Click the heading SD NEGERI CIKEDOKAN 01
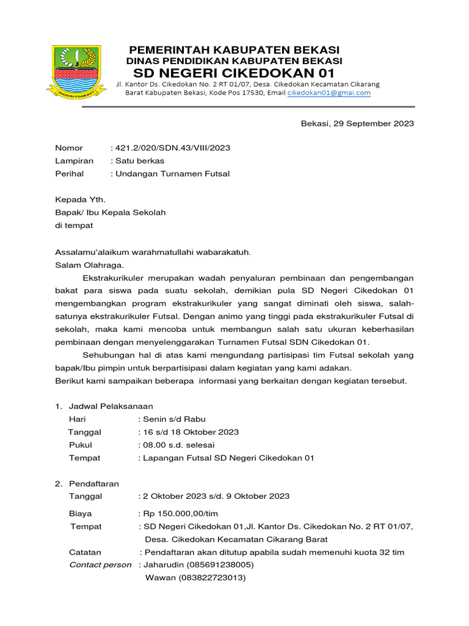pos(234,72)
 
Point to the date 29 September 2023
pos(373,123)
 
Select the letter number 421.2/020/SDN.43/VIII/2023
pos(172,148)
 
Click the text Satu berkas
pos(139,161)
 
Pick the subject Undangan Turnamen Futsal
pos(172,174)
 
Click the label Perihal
pos(69,174)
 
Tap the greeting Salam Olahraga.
pos(89,265)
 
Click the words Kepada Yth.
pos(80,199)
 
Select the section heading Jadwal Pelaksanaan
pos(111,406)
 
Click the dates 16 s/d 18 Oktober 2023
pos(191,432)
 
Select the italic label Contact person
pos(100,565)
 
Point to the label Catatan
pos(85,552)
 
